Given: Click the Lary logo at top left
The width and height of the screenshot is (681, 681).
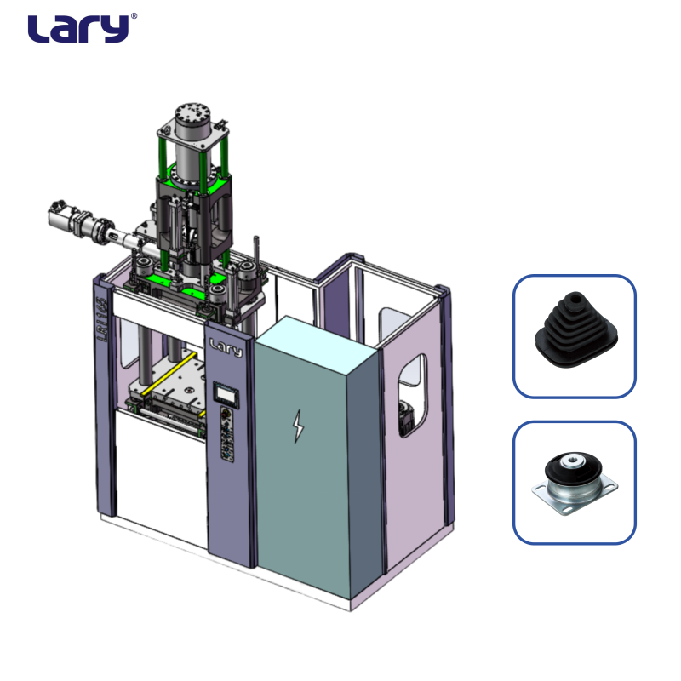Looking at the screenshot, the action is (x=79, y=28).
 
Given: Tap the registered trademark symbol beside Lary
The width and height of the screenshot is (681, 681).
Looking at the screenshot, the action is (x=134, y=16).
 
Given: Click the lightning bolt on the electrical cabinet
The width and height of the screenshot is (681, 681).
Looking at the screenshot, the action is (x=298, y=426).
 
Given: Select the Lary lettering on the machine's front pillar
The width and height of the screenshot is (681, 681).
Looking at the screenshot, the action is (x=226, y=348).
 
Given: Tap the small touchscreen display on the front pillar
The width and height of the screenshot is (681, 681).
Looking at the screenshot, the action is (x=226, y=394).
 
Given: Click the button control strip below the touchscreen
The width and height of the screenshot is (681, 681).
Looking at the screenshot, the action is (x=226, y=433).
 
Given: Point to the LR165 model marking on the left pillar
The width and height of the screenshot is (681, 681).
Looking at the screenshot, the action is (x=102, y=318).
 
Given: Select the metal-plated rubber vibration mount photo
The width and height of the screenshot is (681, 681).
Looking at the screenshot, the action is (x=575, y=484).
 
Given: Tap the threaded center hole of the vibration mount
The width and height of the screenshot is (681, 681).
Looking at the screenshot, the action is (x=571, y=459).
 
